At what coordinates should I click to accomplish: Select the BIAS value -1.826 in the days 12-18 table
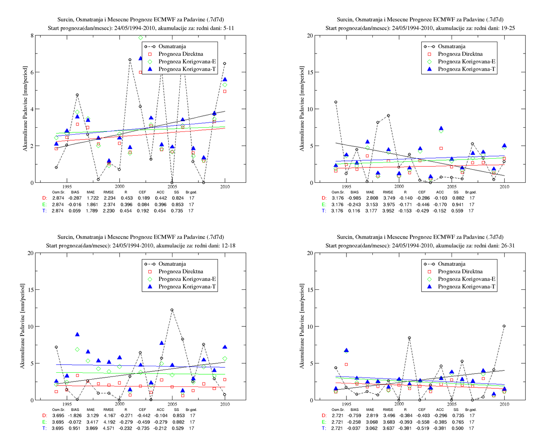coord(75,416)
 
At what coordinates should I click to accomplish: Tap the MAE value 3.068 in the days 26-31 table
coord(371,422)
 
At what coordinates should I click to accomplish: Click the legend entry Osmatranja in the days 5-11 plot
coord(172,47)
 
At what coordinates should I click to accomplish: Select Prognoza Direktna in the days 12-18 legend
coord(180,271)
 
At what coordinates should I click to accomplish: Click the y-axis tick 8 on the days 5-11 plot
coord(32,36)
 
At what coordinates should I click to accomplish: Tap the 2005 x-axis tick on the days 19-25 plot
coord(452,187)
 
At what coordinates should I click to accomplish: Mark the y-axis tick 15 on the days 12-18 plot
coord(30,290)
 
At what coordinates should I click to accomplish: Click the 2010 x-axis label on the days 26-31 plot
coord(504,404)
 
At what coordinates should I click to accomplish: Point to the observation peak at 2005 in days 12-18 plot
coord(172,310)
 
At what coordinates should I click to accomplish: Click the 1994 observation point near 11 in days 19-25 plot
coord(336,102)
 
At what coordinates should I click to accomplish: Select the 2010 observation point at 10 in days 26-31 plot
coord(504,326)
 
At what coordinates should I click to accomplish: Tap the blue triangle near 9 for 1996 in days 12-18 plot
coord(77,334)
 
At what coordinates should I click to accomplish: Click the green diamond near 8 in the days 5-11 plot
coord(140,38)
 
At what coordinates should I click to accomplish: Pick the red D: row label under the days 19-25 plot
coord(324,198)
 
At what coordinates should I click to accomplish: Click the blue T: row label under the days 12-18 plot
coord(44,428)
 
